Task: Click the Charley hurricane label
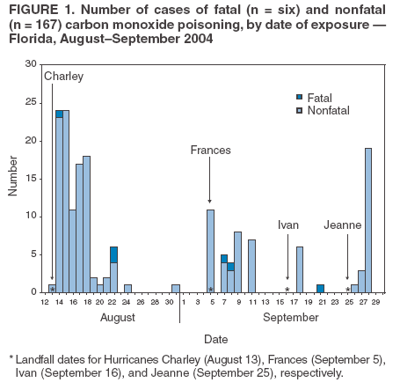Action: point(64,77)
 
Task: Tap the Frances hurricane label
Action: point(210,151)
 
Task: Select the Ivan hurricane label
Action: point(287,225)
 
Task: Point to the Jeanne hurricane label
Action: point(342,225)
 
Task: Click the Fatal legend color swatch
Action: point(299,96)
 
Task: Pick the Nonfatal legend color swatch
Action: point(299,109)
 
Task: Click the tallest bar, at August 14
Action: point(66,202)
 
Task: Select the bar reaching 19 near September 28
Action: point(367,220)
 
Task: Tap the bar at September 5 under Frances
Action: point(211,250)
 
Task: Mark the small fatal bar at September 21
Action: point(320,288)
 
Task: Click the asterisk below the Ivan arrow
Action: point(287,290)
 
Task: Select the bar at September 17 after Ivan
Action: point(300,269)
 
